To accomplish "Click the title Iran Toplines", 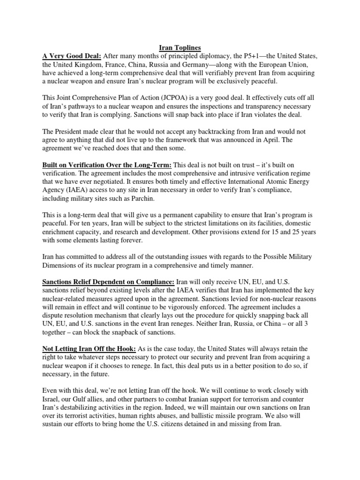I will (180, 47).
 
